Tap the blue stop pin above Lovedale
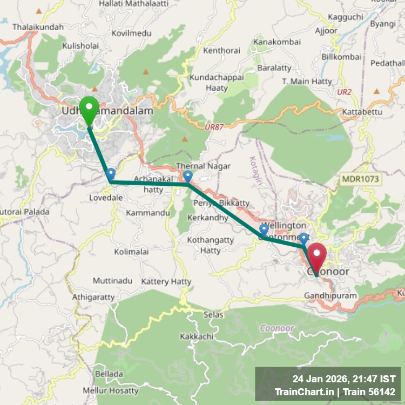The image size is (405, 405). [111, 174]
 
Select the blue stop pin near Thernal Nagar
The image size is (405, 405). [187, 177]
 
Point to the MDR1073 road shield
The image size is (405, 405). [361, 179]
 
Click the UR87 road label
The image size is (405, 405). [214, 126]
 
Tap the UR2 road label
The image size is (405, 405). [344, 92]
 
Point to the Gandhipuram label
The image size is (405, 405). [330, 296]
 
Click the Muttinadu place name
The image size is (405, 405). [112, 281]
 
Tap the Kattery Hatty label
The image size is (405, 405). [166, 281]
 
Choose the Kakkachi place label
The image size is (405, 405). [197, 336]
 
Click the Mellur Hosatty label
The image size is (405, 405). [111, 390]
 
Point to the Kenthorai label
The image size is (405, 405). [221, 51]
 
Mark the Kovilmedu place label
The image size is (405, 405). [131, 33]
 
